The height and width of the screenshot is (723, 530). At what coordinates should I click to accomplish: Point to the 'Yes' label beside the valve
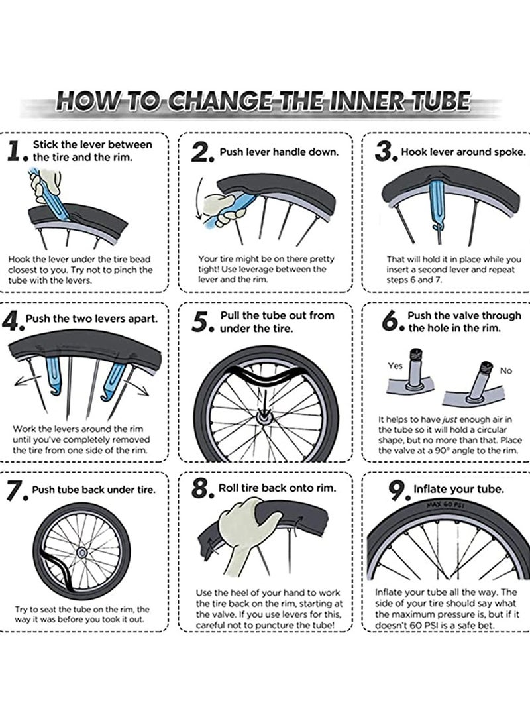(x=395, y=366)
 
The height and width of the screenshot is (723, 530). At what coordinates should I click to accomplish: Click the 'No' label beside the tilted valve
(x=505, y=370)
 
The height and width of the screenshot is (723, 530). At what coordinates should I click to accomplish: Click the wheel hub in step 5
(x=265, y=418)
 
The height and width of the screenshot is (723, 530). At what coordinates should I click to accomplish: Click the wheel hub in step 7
(x=83, y=553)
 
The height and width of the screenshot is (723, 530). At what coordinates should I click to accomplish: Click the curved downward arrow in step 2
(x=199, y=199)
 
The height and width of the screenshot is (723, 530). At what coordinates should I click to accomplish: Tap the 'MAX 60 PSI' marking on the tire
(x=445, y=506)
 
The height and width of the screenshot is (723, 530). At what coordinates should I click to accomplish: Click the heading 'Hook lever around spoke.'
(x=463, y=152)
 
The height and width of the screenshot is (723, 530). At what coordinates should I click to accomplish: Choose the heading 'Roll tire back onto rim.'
(x=278, y=488)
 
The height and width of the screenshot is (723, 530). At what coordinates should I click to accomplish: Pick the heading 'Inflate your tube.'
(x=458, y=489)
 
